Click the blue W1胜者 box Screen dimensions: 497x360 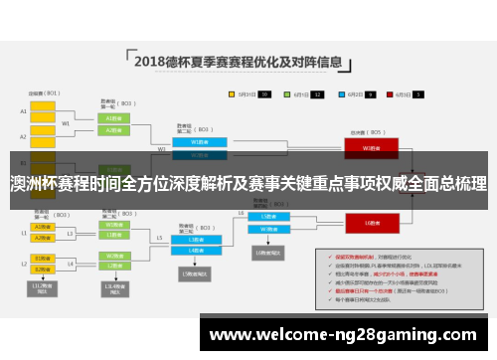pyautogui.click(x=193, y=141)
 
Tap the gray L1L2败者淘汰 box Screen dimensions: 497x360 pyautogui.click(x=43, y=288)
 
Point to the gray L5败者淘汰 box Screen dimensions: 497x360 pyautogui.click(x=194, y=273)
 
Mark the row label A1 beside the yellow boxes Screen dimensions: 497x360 pyautogui.click(x=23, y=111)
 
